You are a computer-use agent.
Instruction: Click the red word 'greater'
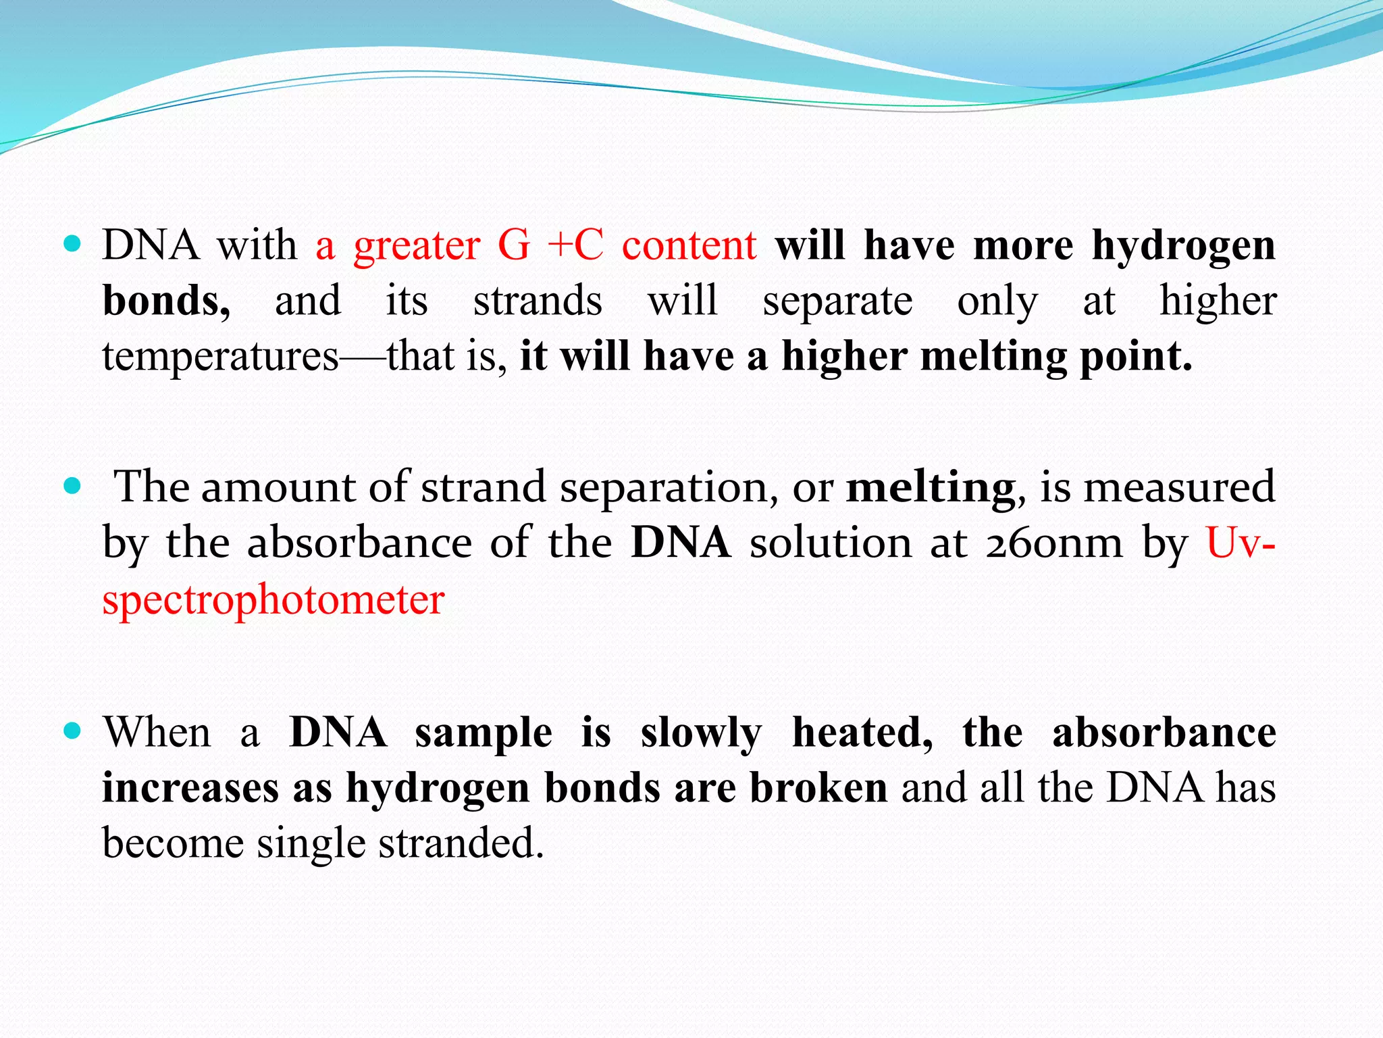pyautogui.click(x=417, y=246)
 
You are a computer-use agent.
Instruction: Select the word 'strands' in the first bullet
pyautogui.click(x=538, y=301)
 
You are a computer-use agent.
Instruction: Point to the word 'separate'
pyautogui.click(x=837, y=301)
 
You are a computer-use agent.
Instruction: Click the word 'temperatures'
pyautogui.click(x=220, y=357)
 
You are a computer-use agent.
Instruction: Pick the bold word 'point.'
pyautogui.click(x=1136, y=357)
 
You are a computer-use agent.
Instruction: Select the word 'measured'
pyautogui.click(x=1179, y=487)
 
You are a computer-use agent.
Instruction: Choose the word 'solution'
pyautogui.click(x=831, y=543)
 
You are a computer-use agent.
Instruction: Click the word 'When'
pyautogui.click(x=157, y=733)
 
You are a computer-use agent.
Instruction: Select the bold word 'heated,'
pyautogui.click(x=862, y=733)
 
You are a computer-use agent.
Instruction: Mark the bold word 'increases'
pyautogui.click(x=190, y=789)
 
